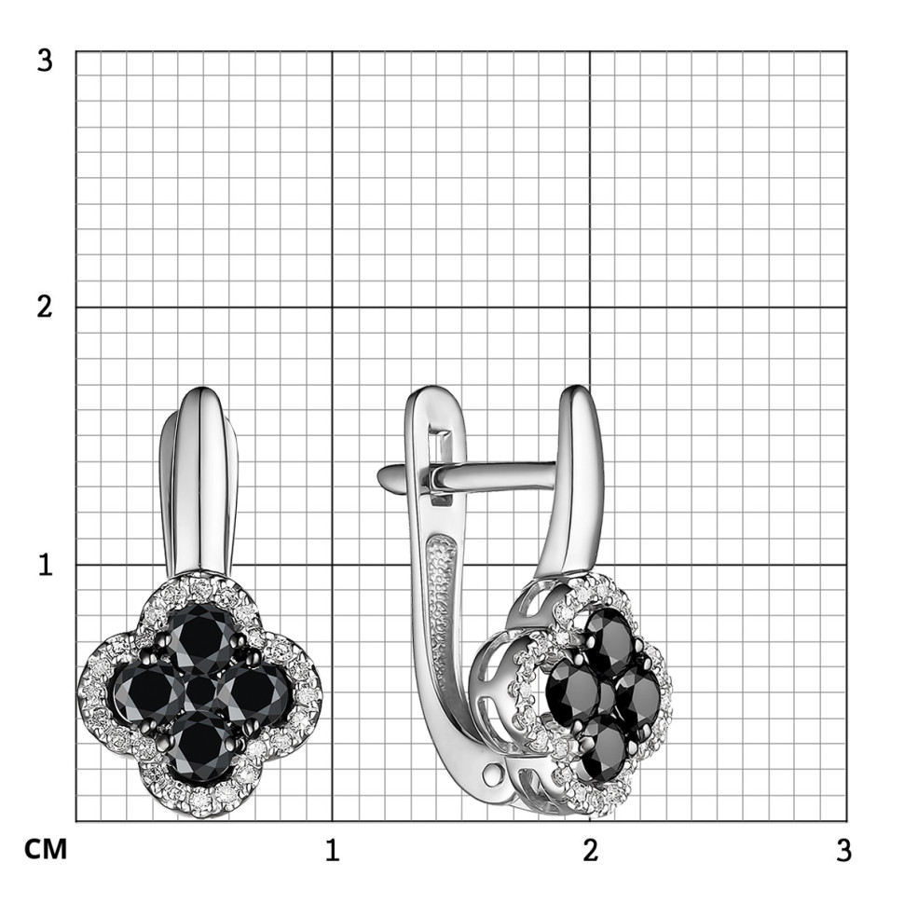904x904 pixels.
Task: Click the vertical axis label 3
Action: [x=45, y=60]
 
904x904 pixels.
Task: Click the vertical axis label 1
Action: [x=46, y=565]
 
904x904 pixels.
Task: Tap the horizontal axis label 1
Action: [x=332, y=850]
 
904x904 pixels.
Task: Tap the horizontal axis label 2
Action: [x=590, y=850]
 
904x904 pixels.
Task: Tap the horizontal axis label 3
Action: [x=843, y=850]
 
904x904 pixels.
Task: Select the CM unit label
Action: [x=46, y=850]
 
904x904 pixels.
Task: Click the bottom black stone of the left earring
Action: [x=200, y=745]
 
